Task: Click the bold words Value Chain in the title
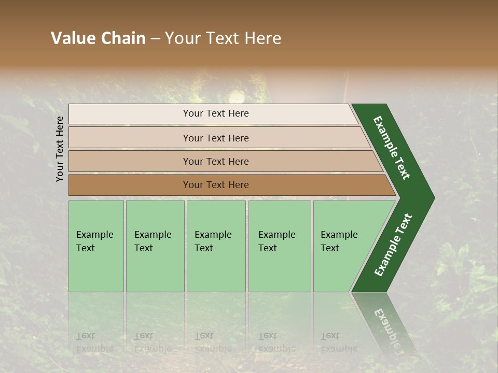pos(98,38)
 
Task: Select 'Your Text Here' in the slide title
pos(223,38)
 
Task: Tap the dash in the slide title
pos(155,39)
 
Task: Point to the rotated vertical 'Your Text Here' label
pos(60,149)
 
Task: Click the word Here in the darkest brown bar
pos(238,185)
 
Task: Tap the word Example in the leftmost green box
pos(94,235)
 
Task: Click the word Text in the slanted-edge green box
pos(329,248)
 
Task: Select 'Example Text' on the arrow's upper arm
pos(392,148)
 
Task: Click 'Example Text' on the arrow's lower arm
pos(393,245)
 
